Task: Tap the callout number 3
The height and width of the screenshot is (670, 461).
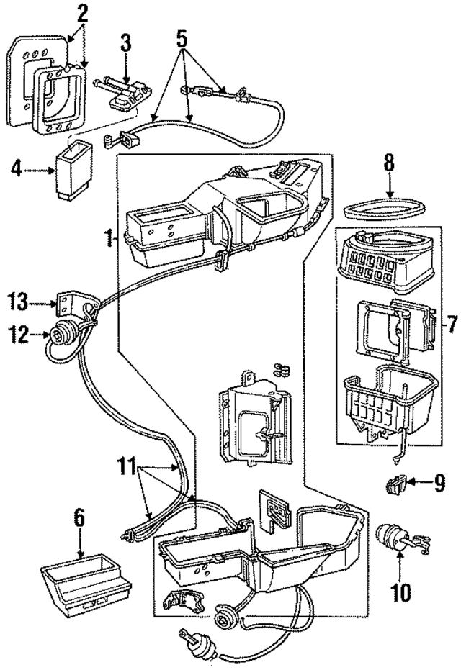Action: [125, 45]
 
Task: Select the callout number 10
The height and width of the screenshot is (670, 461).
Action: [400, 593]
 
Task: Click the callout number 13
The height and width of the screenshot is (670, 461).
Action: [20, 300]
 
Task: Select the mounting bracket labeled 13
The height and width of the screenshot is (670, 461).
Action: [69, 304]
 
